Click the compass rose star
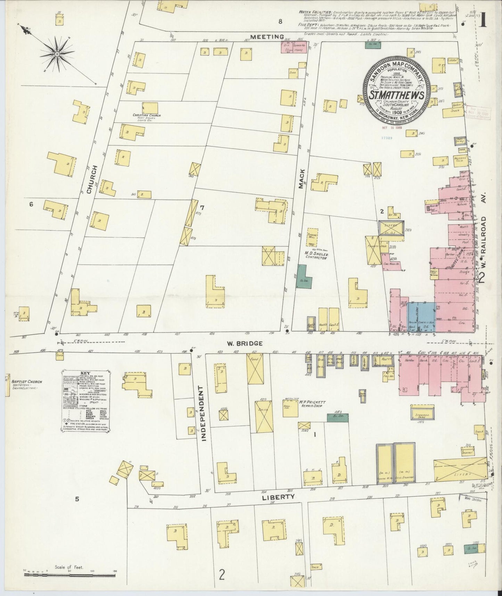(57, 54)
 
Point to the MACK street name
(302, 179)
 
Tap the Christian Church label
(146, 116)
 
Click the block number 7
(202, 208)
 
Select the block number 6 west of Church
(31, 204)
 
